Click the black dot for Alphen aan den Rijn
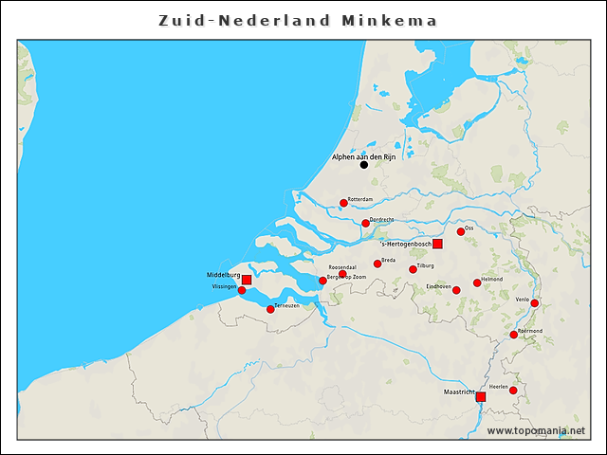coord(363,165)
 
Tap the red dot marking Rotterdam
coord(343,203)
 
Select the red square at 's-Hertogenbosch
coord(437,244)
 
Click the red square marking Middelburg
coord(247,280)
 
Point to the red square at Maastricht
coord(480,396)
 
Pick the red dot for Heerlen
coord(513,391)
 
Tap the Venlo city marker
coord(535,303)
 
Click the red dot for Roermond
coord(514,335)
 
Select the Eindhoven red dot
coord(456,290)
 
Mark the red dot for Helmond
coord(477,282)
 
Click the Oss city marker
coord(461,231)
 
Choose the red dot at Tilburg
coord(413,270)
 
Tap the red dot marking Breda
coord(377,264)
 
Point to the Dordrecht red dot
coord(365,224)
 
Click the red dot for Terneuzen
coord(270,309)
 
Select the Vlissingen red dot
coord(242,290)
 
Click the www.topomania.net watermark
coord(536,431)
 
